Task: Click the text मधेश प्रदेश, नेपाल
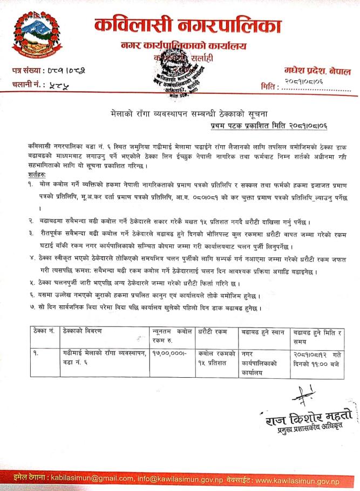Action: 317,71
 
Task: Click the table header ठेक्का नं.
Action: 45,331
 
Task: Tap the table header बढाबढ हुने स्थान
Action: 263,331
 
